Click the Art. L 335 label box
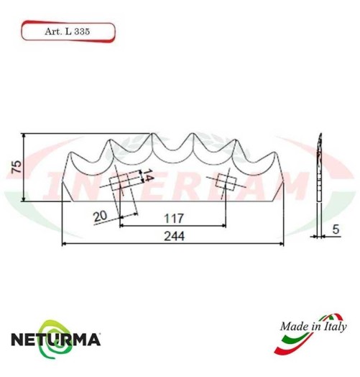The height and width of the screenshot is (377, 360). coord(67,32)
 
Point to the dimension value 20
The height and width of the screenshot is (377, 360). coord(101,216)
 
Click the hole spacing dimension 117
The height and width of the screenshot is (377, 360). coord(172,217)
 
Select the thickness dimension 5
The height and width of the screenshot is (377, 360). coord(336,230)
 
